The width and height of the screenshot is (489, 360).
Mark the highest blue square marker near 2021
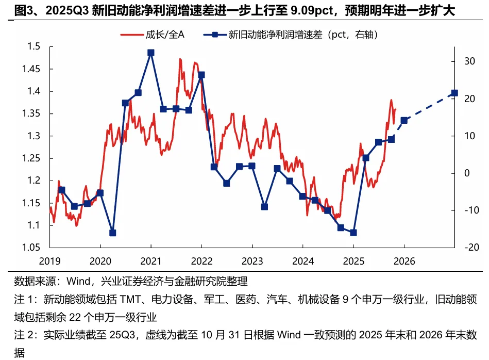pos(150,53)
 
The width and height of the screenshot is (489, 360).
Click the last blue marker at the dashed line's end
pos(454,93)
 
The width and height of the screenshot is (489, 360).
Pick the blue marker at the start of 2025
pos(353,233)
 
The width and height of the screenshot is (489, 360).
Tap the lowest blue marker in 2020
pos(113,233)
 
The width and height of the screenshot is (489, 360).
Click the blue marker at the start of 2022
pos(201,75)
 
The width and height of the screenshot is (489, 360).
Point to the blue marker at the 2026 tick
pos(404,120)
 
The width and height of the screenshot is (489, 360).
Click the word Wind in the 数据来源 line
pos(82,282)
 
